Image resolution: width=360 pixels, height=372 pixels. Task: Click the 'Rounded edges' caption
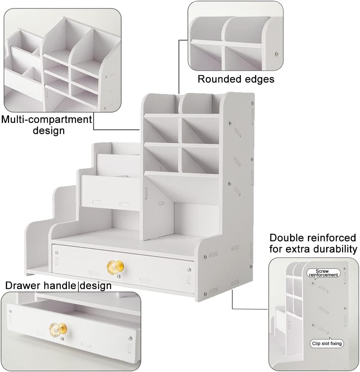point(236,79)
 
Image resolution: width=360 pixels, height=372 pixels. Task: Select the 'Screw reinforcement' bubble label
point(324,273)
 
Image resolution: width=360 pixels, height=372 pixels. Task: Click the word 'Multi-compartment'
point(46,119)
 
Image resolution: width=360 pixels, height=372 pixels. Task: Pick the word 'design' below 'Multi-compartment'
point(48,131)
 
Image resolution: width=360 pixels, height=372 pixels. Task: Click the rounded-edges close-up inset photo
point(235,36)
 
